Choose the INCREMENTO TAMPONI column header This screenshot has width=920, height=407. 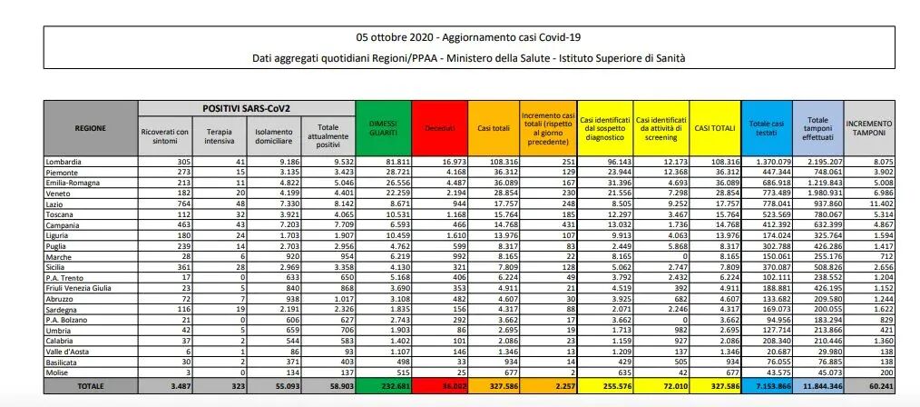[x=868, y=127]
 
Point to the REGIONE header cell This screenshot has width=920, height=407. [x=91, y=127]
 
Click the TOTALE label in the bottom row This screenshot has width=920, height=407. [x=91, y=385]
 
